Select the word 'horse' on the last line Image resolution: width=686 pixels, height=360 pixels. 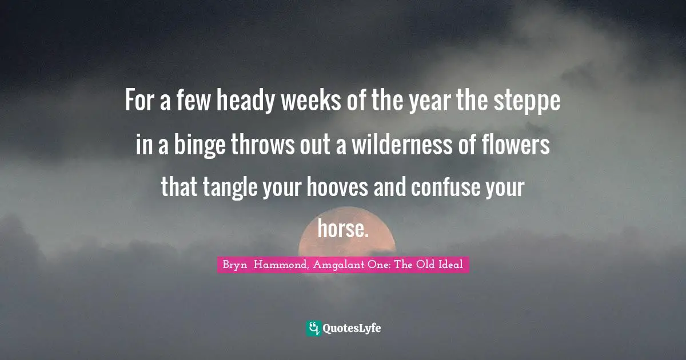click(x=341, y=230)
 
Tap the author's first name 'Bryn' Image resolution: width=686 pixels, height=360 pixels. click(x=234, y=265)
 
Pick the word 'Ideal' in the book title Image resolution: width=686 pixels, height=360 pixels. click(x=450, y=265)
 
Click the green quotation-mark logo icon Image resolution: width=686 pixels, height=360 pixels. click(x=313, y=328)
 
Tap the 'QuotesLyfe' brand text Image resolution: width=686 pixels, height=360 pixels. click(x=352, y=329)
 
